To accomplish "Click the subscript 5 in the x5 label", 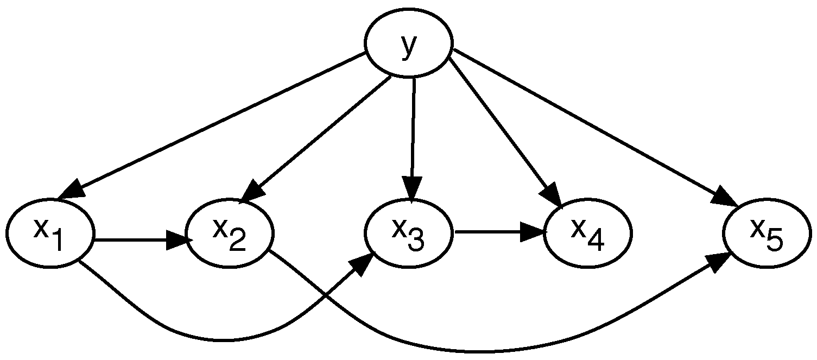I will (x=775, y=241).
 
